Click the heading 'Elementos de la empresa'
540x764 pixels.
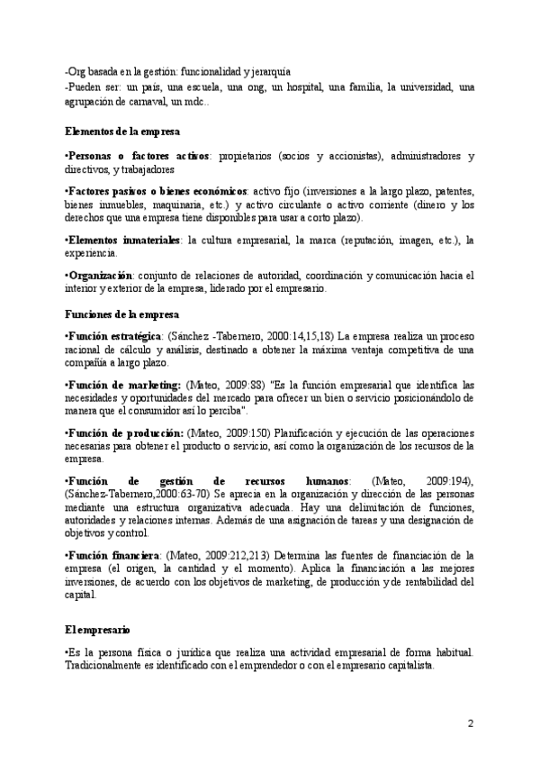click(122, 131)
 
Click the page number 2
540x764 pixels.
click(470, 723)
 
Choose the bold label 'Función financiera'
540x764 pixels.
click(112, 555)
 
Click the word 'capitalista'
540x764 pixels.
click(409, 666)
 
